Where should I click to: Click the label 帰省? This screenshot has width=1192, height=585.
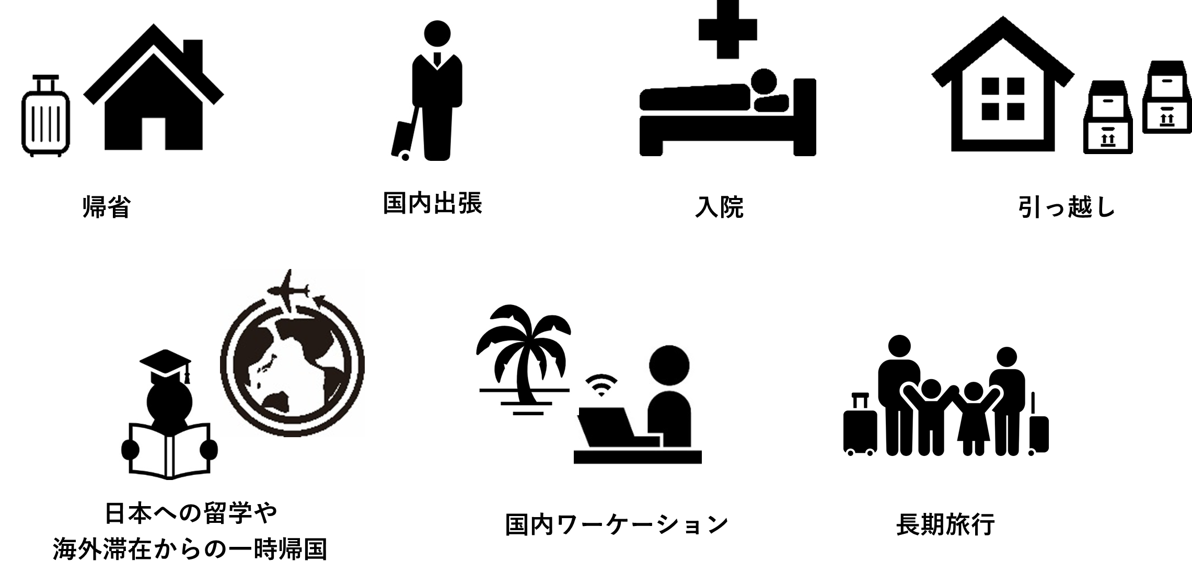click(x=106, y=208)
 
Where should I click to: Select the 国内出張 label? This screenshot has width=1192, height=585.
click(x=432, y=203)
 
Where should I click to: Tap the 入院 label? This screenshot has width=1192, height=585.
click(x=719, y=208)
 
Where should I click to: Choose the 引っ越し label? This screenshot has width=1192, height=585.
click(x=1066, y=208)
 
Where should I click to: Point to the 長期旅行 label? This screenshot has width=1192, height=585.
click(x=945, y=525)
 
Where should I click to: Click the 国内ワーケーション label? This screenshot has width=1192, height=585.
click(x=617, y=525)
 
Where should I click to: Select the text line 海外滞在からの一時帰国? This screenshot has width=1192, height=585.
click(x=191, y=550)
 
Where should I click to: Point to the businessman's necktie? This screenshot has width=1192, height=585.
click(x=437, y=60)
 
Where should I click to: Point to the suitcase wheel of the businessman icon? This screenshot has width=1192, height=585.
click(x=405, y=156)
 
